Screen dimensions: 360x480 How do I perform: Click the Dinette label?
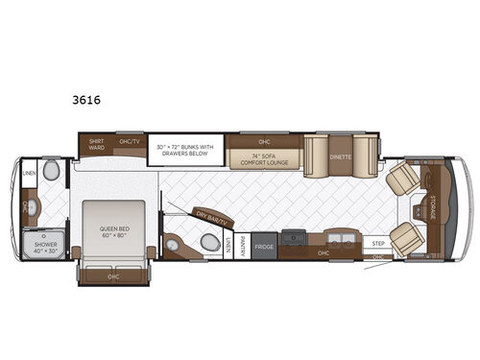[340, 156]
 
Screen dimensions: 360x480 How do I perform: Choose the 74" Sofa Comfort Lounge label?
[264, 159]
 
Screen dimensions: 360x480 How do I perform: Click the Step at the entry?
[378, 244]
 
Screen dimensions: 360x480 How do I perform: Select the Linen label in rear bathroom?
[29, 174]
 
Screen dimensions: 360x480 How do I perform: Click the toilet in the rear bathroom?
[51, 172]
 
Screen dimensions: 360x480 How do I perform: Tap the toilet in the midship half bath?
[210, 244]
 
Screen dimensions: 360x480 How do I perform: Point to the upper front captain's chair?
[404, 178]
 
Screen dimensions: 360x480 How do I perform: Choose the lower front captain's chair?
[407, 238]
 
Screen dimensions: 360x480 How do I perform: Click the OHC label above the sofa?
[264, 141]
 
